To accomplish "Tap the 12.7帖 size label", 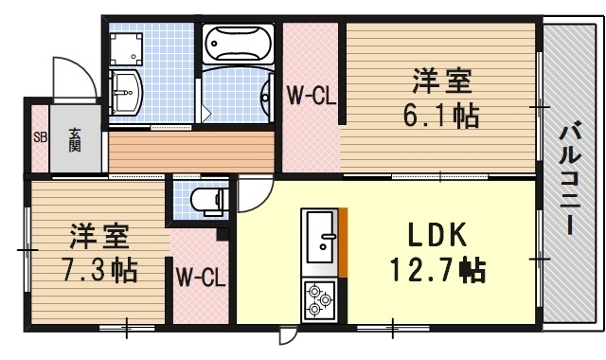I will tap(437, 272).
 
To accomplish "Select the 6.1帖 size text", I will tap(441, 117).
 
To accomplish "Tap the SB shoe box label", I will tap(40, 137).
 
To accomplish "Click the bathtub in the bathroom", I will tap(236, 44).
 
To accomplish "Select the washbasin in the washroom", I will tap(125, 93).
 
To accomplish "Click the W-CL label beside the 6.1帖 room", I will tap(309, 95).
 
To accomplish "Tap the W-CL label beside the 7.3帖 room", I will tap(200, 279).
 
